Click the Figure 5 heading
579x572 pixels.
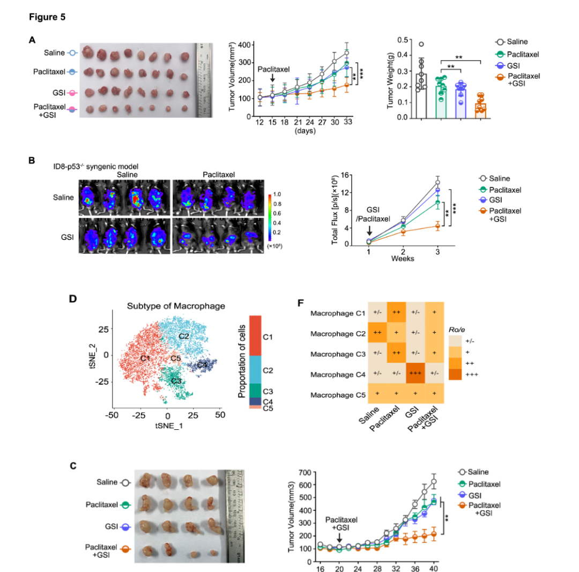click(47, 17)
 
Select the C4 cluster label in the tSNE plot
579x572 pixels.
click(202, 365)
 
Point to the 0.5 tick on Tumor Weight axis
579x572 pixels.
click(402, 40)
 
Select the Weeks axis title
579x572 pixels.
click(402, 258)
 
